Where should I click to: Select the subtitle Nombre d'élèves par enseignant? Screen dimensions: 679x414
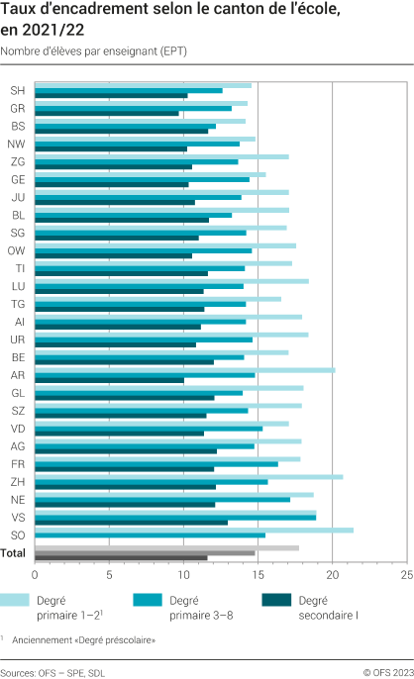(94, 49)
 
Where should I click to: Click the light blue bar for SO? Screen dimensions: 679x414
(194, 530)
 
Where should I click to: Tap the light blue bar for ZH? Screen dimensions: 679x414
(188, 476)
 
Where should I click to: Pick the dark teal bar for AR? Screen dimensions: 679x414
(109, 380)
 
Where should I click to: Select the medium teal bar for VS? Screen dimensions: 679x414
(175, 517)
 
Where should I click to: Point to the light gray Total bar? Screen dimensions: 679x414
(166, 547)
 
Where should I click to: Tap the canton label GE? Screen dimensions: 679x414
(18, 179)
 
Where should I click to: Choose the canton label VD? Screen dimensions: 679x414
(18, 428)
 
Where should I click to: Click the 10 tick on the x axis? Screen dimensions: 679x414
(183, 574)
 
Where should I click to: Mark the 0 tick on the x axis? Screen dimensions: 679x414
(35, 574)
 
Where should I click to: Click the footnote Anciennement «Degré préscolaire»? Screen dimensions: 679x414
(98, 640)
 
